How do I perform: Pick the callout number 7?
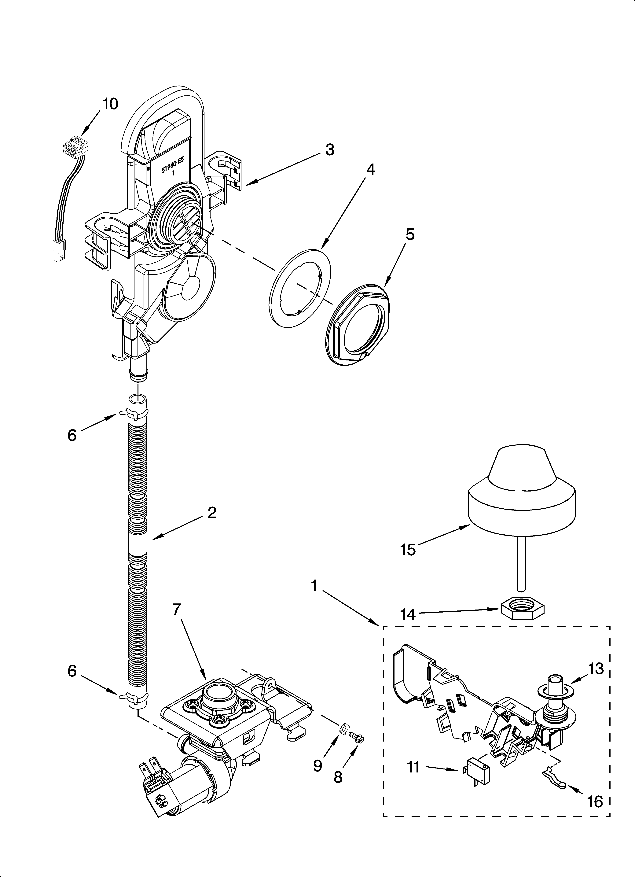[x=176, y=609]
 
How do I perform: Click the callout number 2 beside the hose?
[x=212, y=513]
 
